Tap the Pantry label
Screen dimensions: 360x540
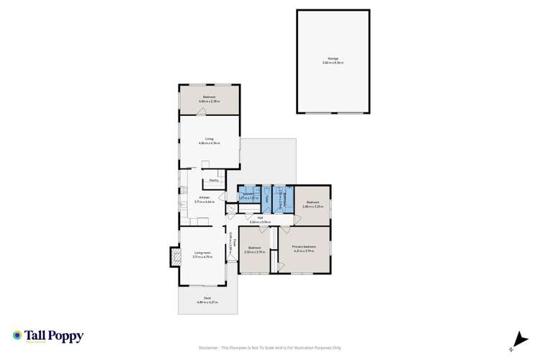(x=214, y=181)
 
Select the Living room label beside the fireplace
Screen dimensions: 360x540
(x=202, y=253)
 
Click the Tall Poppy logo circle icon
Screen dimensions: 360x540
(x=17, y=336)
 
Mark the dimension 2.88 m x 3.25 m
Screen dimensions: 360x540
(x=312, y=207)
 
